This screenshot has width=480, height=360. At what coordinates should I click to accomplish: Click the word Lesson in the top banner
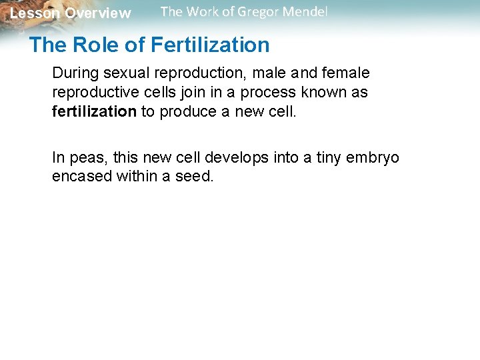pyautogui.click(x=35, y=13)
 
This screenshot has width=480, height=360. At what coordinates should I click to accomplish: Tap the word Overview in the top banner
pyautogui.click(x=98, y=13)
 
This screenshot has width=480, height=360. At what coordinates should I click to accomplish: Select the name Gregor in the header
pyautogui.click(x=261, y=12)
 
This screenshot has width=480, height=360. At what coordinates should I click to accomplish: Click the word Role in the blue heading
pyautogui.click(x=95, y=45)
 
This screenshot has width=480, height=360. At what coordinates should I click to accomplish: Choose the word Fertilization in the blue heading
pyautogui.click(x=211, y=45)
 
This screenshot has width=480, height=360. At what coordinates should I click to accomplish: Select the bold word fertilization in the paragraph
pyautogui.click(x=94, y=111)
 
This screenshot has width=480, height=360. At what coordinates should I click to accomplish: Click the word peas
pyautogui.click(x=85, y=159)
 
